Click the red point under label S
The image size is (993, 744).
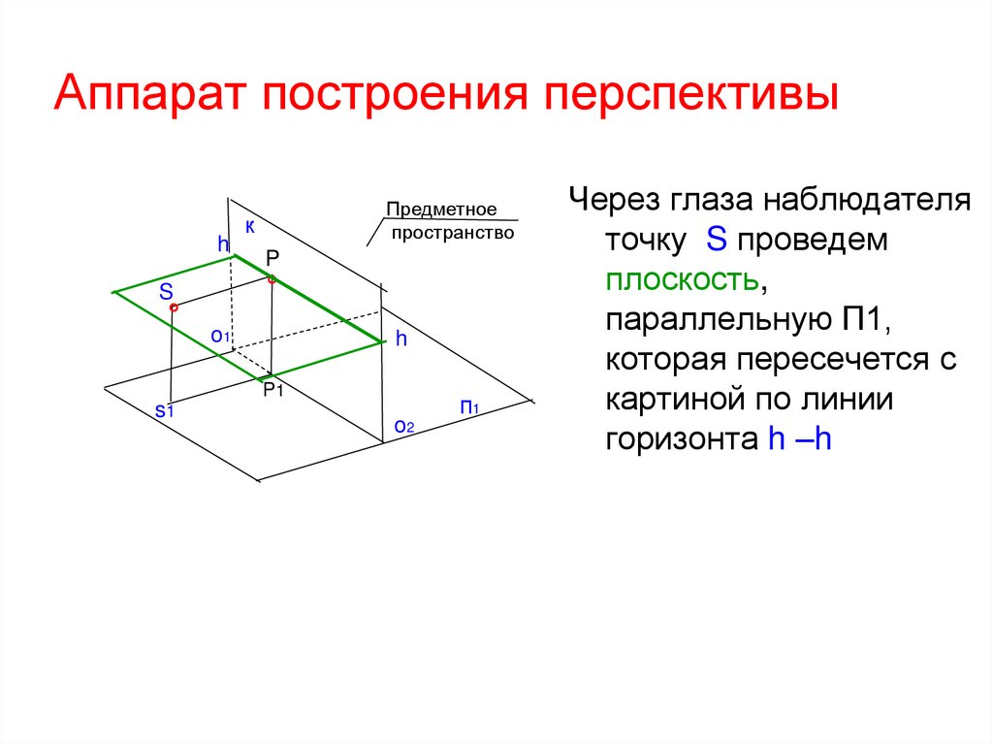[x=174, y=308]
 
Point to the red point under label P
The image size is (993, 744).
[x=272, y=280]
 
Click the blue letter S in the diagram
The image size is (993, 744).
[x=167, y=291]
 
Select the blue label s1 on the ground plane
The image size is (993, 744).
[x=164, y=411]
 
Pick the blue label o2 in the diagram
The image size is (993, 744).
[x=403, y=426]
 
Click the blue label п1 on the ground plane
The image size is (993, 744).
[x=470, y=407]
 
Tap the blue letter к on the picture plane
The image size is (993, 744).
[x=249, y=227]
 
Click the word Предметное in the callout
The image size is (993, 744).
[x=441, y=210]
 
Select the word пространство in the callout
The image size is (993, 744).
[x=452, y=234]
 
